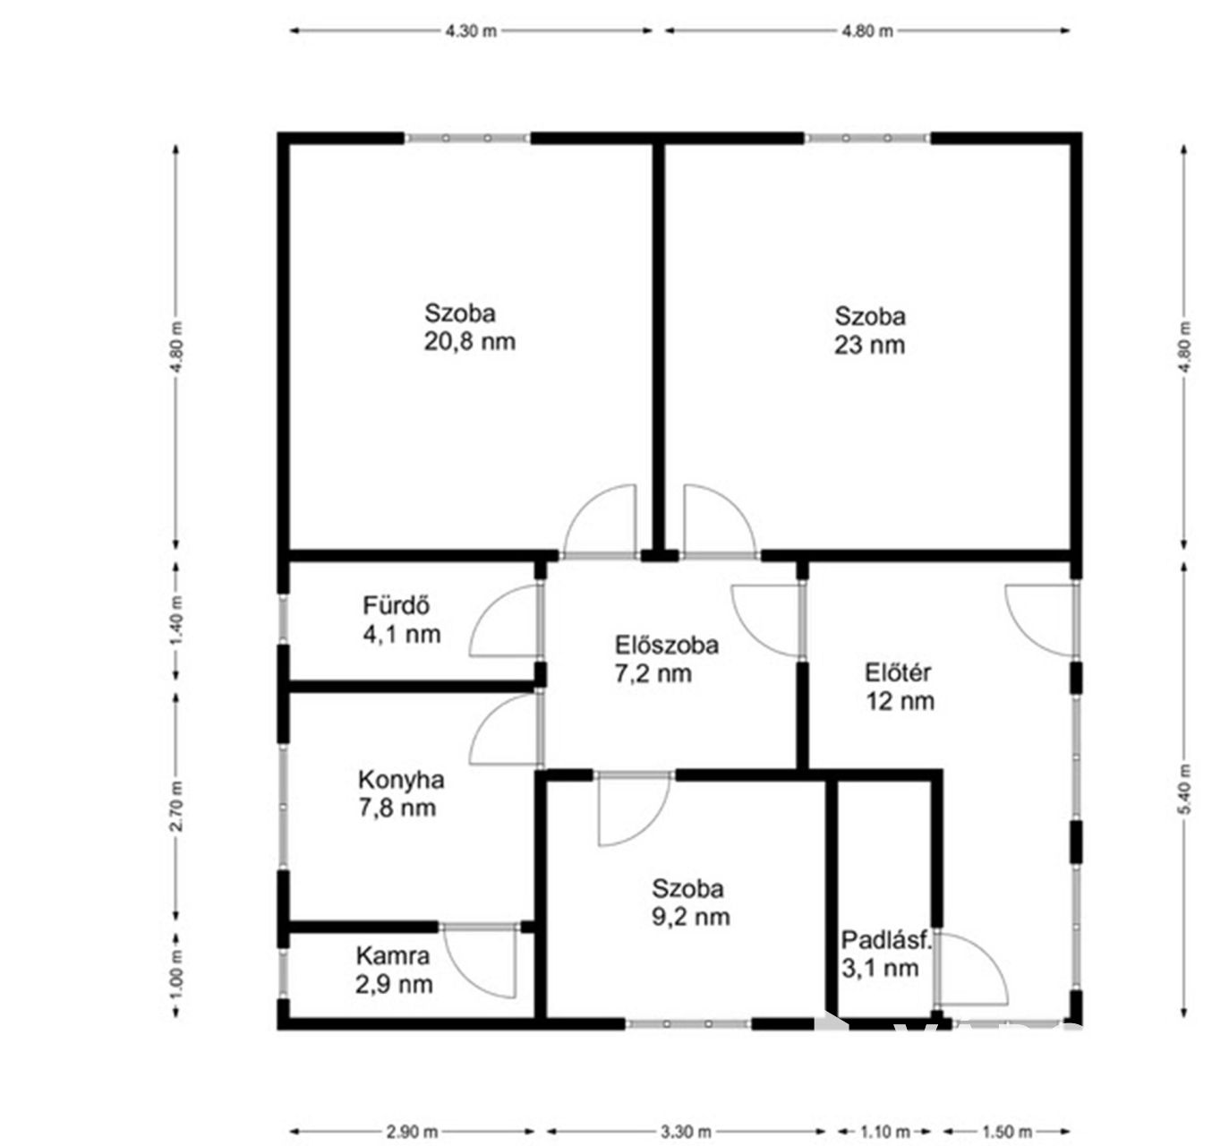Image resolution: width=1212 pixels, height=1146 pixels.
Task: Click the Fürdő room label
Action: pos(395,605)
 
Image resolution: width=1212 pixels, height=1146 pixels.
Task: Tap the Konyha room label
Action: pos(401,780)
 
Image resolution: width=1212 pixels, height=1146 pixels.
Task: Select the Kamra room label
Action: pos(392,956)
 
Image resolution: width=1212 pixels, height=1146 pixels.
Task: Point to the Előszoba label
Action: pos(666,646)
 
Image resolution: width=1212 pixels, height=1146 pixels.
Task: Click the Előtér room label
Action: pos(897,672)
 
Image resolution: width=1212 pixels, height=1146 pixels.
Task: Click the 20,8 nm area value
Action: pos(469,342)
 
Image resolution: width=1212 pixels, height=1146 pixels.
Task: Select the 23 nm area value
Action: pos(869,346)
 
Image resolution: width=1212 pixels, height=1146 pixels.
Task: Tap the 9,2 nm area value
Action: pos(690,917)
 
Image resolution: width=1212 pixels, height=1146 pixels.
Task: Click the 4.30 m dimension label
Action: pos(471,30)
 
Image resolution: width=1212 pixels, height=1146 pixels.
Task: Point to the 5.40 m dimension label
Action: pos(1183,789)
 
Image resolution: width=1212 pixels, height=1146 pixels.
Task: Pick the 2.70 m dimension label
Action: pos(176,806)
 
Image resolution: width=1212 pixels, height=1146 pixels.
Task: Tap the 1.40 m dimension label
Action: pos(176,620)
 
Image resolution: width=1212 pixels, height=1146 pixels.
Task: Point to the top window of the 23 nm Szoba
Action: pos(866,139)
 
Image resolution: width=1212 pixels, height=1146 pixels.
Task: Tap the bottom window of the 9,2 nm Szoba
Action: pos(688,1024)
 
